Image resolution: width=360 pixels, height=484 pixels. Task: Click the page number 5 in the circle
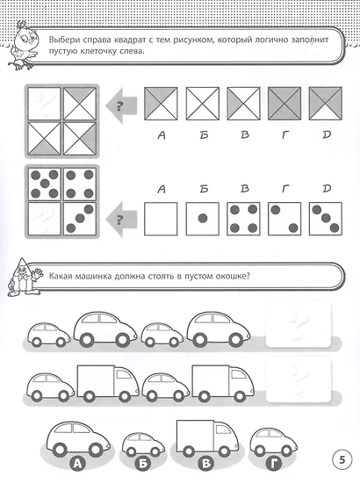point(342,459)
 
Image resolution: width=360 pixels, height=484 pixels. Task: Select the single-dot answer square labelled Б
point(203,219)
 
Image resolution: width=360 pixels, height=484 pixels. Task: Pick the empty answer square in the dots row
point(161,219)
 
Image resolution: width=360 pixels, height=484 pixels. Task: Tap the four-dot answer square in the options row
point(244,219)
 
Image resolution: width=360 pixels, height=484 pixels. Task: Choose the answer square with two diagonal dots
point(284,219)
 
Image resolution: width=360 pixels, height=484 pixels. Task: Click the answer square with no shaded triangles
point(203,104)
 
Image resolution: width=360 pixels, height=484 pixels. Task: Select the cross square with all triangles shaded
point(284,104)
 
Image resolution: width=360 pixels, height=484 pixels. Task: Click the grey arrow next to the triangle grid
point(121,105)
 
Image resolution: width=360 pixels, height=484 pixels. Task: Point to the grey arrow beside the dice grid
point(121,219)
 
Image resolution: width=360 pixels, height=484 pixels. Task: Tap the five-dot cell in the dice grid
point(45,184)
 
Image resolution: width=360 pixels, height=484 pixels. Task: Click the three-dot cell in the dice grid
point(80,219)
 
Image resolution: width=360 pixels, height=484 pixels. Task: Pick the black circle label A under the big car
point(78,463)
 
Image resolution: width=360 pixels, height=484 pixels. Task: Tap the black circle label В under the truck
point(206,463)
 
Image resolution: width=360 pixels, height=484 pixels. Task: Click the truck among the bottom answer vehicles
point(207,438)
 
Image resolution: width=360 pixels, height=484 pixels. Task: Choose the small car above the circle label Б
point(143,444)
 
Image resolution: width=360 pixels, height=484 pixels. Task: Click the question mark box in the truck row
point(299,379)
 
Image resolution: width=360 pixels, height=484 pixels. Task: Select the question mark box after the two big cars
point(299,324)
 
